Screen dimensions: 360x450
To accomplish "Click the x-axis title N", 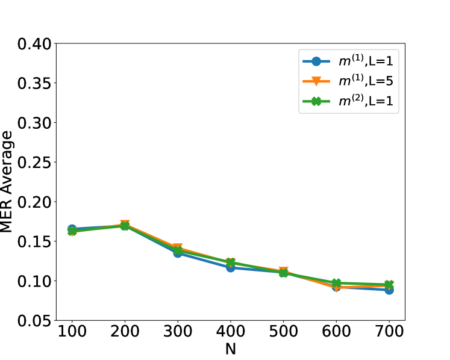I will (x=231, y=349).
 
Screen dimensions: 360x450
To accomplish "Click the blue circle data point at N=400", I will (x=231, y=267).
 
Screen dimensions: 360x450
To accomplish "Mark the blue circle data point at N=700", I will (x=389, y=290).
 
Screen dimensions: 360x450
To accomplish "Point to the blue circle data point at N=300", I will (x=178, y=253).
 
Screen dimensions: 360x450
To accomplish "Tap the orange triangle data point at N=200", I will (x=125, y=225).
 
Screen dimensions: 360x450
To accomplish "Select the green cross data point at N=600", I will (x=336, y=283).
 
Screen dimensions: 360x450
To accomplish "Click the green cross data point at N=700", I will (x=389, y=285).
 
